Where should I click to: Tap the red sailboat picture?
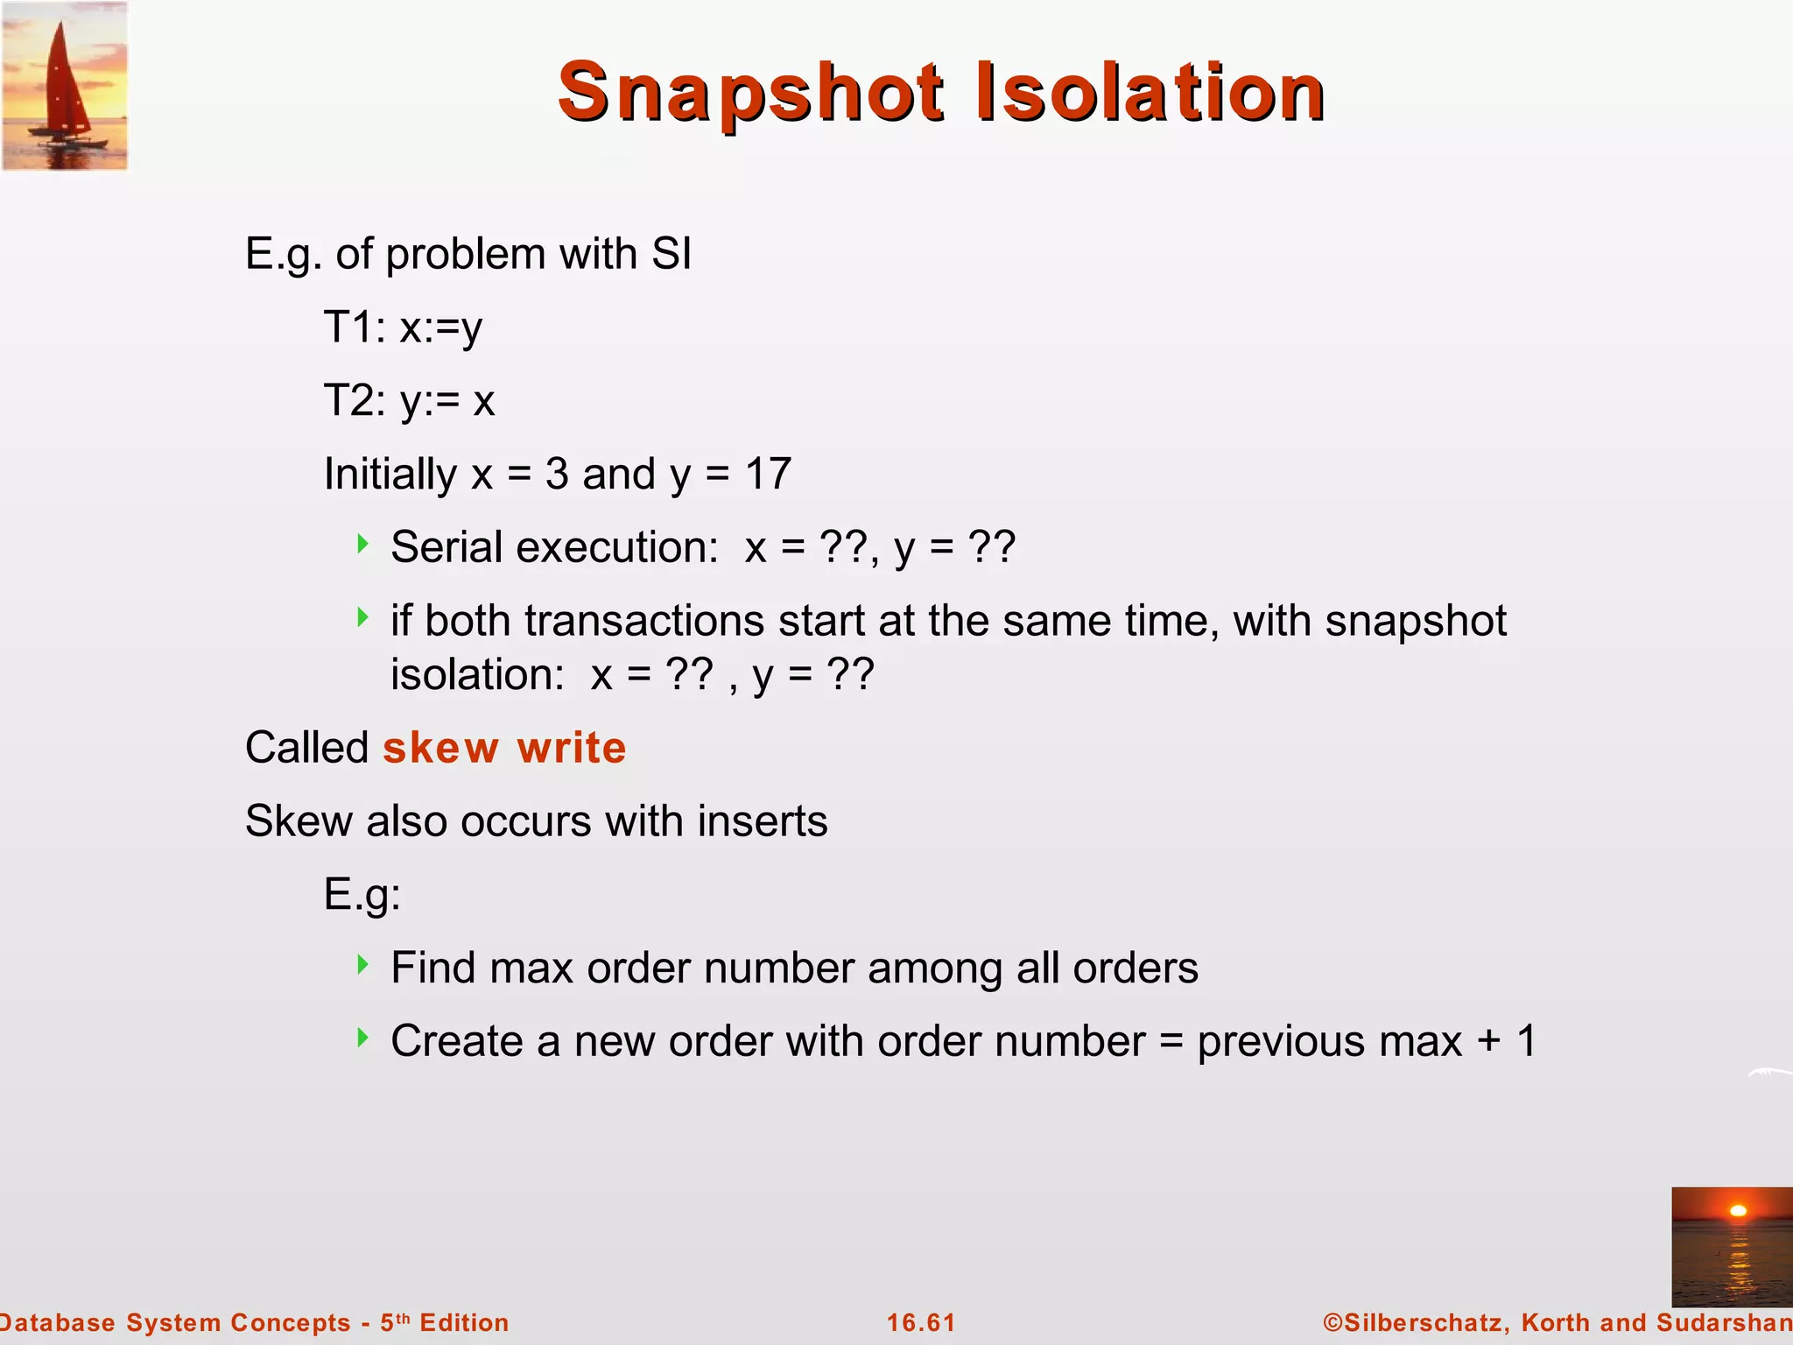(65, 85)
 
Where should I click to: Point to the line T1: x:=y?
(403, 328)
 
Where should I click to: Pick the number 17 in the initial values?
(768, 474)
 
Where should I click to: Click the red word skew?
(440, 748)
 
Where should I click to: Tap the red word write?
(572, 748)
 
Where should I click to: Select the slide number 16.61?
(921, 1322)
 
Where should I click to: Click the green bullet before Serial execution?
(363, 545)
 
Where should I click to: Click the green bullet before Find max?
(363, 965)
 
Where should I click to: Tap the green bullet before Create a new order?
(363, 1039)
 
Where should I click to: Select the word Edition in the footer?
(464, 1322)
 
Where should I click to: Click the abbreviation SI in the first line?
(671, 254)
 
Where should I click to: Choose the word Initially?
(390, 475)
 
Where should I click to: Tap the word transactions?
(644, 621)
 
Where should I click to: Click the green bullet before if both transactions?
(363, 618)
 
